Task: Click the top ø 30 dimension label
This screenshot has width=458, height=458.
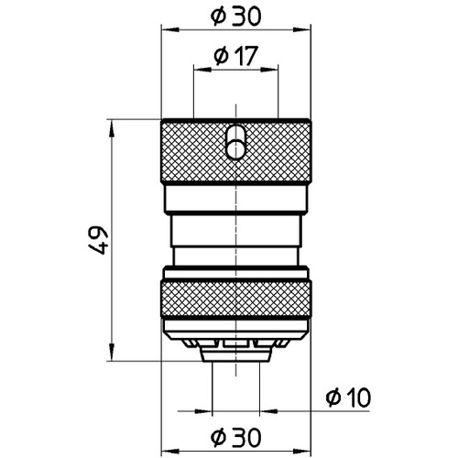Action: point(235,16)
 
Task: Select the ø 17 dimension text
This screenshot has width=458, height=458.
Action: point(235,56)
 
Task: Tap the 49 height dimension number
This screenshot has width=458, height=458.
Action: point(98,240)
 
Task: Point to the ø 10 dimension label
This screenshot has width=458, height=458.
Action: point(348,398)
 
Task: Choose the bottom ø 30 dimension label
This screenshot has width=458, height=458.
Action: point(235,437)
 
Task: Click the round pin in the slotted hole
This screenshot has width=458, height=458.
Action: point(234,149)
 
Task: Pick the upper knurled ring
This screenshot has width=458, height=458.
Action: point(235,151)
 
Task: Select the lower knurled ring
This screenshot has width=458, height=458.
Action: point(235,300)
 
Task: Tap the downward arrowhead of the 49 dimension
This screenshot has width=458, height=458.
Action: point(112,352)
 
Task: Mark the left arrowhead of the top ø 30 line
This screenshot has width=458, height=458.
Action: point(169,29)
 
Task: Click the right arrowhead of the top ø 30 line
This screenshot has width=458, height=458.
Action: point(301,29)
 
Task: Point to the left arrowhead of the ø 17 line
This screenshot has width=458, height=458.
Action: point(202,70)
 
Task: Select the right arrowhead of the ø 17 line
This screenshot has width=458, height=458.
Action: point(269,70)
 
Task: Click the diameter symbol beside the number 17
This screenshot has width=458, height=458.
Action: point(221,57)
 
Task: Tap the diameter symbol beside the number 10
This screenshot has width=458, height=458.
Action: point(333,398)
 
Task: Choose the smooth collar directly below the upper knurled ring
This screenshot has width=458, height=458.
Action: point(235,199)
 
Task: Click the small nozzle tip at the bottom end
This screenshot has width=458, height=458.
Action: point(235,354)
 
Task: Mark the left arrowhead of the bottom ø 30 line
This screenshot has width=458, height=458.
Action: point(169,451)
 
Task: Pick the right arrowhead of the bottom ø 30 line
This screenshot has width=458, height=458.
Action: point(301,451)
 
